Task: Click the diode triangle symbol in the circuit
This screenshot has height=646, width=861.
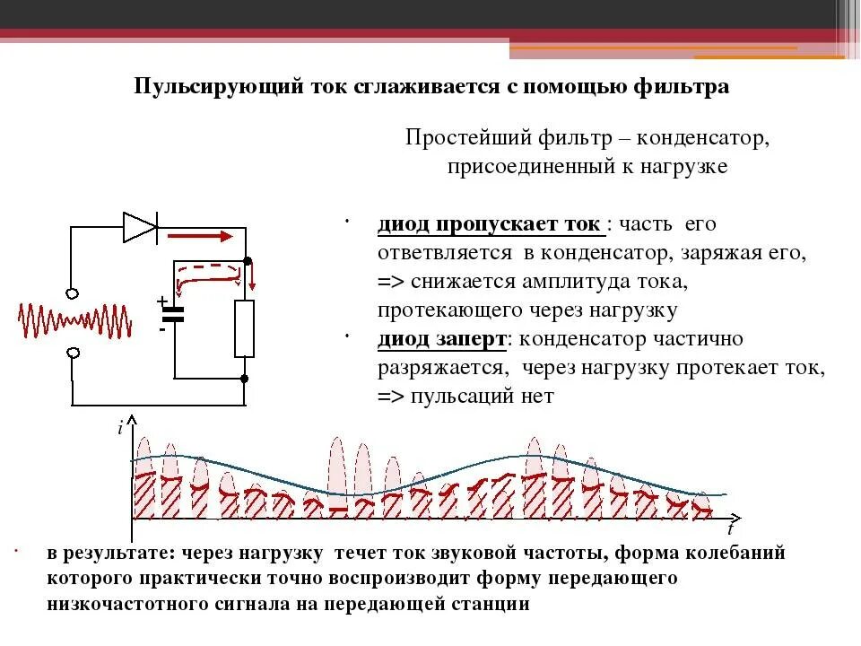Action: tap(140, 227)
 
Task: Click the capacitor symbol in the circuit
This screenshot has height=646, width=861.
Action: tap(173, 315)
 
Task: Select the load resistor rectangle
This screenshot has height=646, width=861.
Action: tap(244, 328)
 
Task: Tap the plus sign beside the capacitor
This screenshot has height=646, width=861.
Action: tap(162, 301)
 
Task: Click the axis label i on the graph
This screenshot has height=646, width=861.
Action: tap(119, 429)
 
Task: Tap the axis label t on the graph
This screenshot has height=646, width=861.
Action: tap(731, 529)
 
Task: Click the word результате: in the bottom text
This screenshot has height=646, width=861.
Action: tap(116, 553)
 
